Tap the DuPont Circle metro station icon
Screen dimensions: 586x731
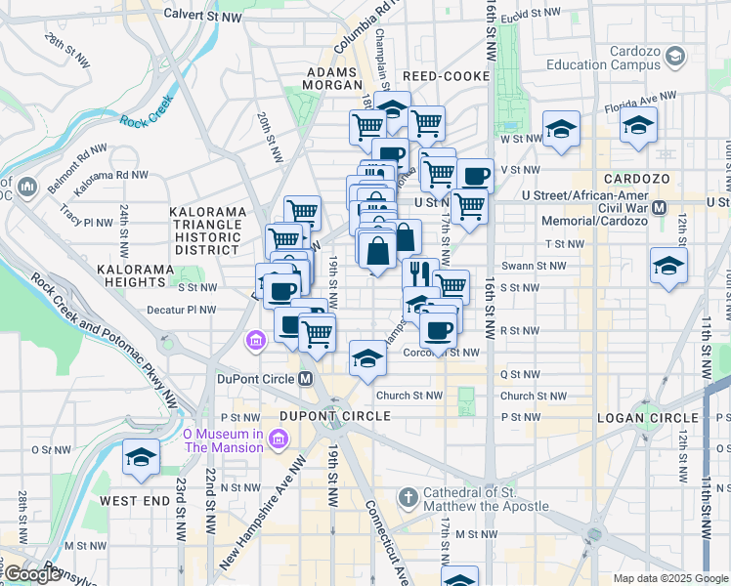click(306, 379)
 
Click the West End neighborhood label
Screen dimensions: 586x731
click(134, 501)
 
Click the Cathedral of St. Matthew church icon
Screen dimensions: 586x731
click(408, 498)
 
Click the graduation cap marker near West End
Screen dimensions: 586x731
click(141, 457)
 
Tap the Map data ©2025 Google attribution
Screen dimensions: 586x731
click(669, 578)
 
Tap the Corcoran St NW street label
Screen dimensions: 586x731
click(448, 353)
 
